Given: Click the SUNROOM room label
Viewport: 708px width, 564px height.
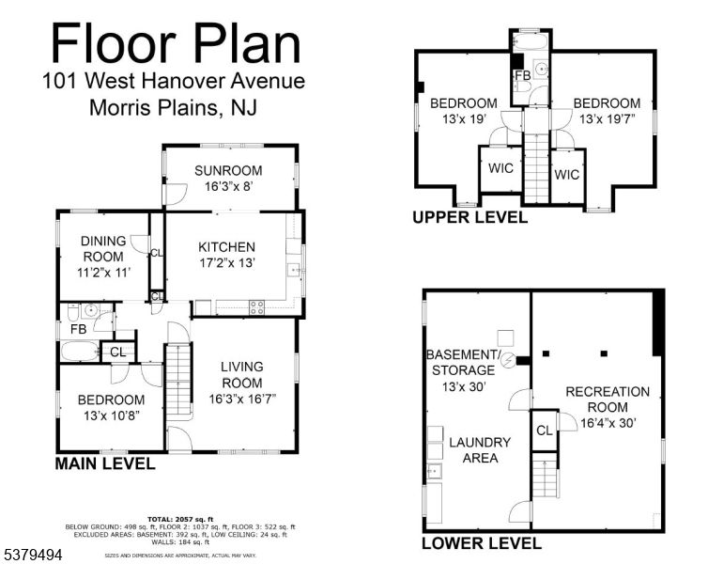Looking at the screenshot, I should pyautogui.click(x=228, y=170).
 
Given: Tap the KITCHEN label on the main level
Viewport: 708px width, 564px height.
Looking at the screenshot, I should pyautogui.click(x=226, y=247).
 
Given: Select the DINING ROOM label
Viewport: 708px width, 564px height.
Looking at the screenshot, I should pyautogui.click(x=102, y=248).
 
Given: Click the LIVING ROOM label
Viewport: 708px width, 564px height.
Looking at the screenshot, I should pyautogui.click(x=241, y=374).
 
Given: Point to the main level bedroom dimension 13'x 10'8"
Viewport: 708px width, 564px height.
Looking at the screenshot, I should pyautogui.click(x=111, y=415).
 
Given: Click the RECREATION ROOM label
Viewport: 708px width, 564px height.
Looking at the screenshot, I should pyautogui.click(x=607, y=399).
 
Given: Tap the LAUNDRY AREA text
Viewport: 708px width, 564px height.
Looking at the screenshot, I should pyautogui.click(x=480, y=450).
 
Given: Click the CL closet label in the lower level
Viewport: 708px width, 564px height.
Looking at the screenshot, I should pyautogui.click(x=545, y=430).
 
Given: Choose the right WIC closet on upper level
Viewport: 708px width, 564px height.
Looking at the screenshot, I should pyautogui.click(x=566, y=175).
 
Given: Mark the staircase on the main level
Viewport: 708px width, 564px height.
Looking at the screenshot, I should pyautogui.click(x=177, y=381).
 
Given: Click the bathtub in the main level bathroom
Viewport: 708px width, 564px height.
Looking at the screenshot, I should pyautogui.click(x=80, y=352).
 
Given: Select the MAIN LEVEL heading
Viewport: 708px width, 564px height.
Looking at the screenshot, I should pyautogui.click(x=104, y=463).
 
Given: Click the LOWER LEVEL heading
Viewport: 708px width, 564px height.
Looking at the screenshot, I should pyautogui.click(x=481, y=543).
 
